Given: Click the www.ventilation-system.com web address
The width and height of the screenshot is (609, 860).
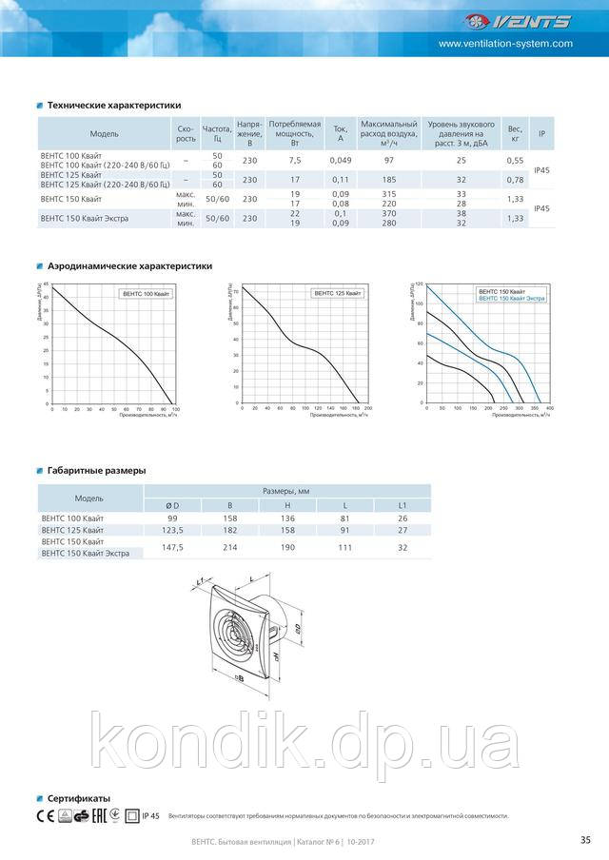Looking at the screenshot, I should point(505,44).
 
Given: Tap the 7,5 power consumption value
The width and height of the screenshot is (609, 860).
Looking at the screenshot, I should point(295,161).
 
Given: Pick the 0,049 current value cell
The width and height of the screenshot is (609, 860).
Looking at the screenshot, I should point(341,161).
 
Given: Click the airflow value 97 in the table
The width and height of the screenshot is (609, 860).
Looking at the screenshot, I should point(388,161).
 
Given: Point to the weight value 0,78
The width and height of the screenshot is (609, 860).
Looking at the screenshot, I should point(516,180).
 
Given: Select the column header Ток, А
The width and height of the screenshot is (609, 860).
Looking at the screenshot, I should point(341,133).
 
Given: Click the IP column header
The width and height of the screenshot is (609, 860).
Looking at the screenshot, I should point(541,133).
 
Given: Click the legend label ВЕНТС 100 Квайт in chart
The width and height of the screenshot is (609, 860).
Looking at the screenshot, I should point(147,295).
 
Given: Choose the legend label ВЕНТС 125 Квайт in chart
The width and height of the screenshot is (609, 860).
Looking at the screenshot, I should point(338,294).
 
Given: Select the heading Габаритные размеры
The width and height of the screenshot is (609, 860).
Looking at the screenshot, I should point(96,470).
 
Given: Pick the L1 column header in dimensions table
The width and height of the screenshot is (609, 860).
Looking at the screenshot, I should point(402,504).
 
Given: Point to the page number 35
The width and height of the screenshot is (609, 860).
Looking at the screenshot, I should point(584,838).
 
